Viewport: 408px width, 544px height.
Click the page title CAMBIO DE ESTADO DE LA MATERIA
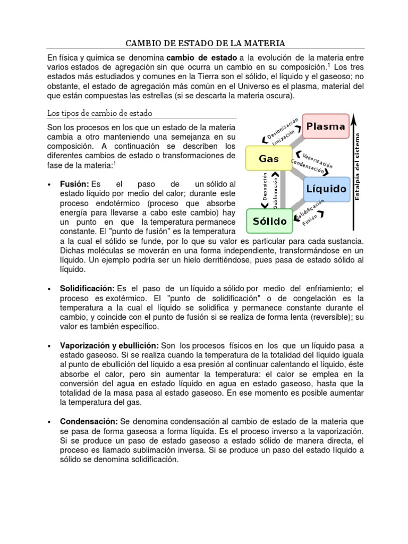click(205, 42)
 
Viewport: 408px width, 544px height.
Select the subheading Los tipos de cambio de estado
click(99, 113)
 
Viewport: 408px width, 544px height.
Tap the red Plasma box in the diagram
click(326, 126)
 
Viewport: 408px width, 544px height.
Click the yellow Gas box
click(269, 158)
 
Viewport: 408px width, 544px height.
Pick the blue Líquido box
click(326, 189)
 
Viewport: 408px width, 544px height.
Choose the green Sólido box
click(269, 220)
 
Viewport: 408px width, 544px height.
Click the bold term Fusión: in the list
click(74, 183)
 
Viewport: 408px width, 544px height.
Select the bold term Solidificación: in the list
click(87, 288)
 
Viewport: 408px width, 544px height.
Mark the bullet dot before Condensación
click(49, 422)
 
